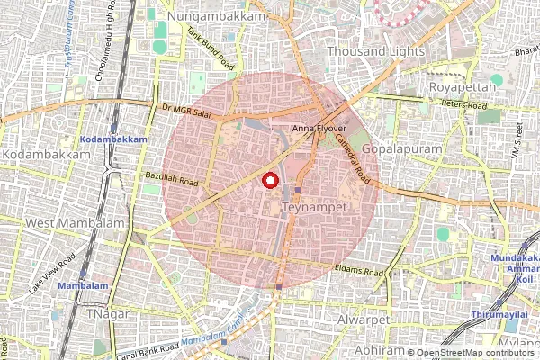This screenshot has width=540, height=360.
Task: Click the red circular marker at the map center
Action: click(269, 181)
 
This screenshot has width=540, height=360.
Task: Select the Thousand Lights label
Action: click(375, 52)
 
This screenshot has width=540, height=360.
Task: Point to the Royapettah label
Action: click(463, 86)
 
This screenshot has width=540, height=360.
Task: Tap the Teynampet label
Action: click(315, 207)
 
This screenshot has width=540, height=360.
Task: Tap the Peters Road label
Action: click(464, 105)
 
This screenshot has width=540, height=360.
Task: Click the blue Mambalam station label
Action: click(81, 285)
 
